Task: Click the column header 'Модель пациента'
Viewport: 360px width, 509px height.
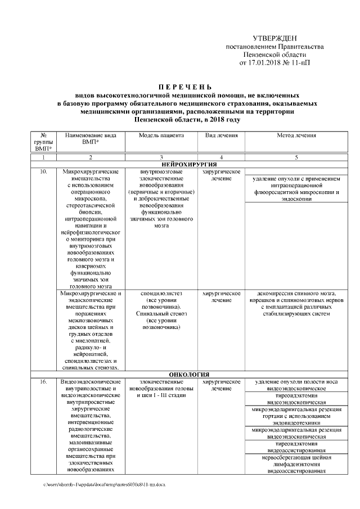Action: [161, 136]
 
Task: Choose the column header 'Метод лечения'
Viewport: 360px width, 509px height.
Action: [296, 136]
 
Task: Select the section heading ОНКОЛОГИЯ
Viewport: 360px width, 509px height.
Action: [189, 374]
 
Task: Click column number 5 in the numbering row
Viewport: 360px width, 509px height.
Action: [296, 156]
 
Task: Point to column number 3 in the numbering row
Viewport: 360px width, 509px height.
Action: [161, 156]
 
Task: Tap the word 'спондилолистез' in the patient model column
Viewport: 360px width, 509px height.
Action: [161, 294]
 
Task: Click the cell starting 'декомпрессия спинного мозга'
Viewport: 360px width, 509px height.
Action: [296, 304]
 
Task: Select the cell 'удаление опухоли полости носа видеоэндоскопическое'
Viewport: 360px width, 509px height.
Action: [296, 385]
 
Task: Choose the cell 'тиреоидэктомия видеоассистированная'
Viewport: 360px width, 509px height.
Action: [296, 447]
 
